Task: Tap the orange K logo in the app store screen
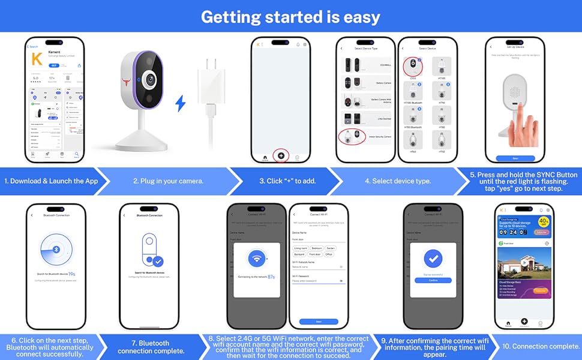coord(37,60)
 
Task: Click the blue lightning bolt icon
coord(179,104)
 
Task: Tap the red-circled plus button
coord(281,155)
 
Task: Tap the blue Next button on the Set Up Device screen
coord(515,158)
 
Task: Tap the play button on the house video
coord(523,262)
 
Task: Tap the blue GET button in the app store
coord(54,65)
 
